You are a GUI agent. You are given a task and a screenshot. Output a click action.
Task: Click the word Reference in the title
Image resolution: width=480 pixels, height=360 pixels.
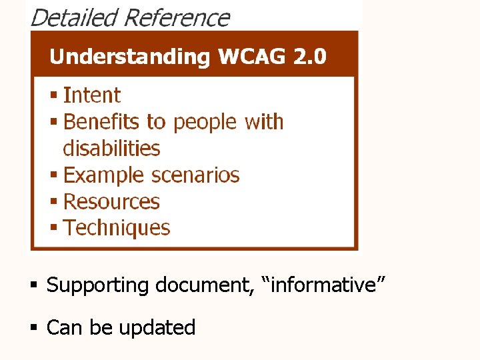pos(177,17)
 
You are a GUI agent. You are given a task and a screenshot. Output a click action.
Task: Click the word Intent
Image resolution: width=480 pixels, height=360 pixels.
pos(91,95)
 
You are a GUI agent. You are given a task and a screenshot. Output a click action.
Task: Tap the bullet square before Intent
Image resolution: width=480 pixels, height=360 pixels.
pos(54,96)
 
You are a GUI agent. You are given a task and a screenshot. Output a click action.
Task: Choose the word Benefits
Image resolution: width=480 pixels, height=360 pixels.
pos(101,122)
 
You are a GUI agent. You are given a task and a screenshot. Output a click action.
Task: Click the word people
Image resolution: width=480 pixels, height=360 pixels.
pos(205,123)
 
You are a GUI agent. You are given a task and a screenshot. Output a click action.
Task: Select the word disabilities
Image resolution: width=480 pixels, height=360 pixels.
pos(111,148)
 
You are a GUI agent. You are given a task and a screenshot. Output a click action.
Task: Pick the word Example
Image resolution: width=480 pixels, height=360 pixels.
pos(103,175)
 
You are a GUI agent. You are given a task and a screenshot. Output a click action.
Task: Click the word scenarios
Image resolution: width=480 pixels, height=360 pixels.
pos(195,175)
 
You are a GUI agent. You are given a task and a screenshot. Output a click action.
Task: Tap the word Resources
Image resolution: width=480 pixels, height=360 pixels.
pos(111,201)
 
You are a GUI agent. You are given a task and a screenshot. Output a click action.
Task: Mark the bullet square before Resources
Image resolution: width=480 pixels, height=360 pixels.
pos(54,202)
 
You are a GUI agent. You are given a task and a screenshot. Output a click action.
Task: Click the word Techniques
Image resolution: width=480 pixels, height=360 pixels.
pos(117,228)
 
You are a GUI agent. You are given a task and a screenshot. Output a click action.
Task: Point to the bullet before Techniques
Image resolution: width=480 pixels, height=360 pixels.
pos(54,229)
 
